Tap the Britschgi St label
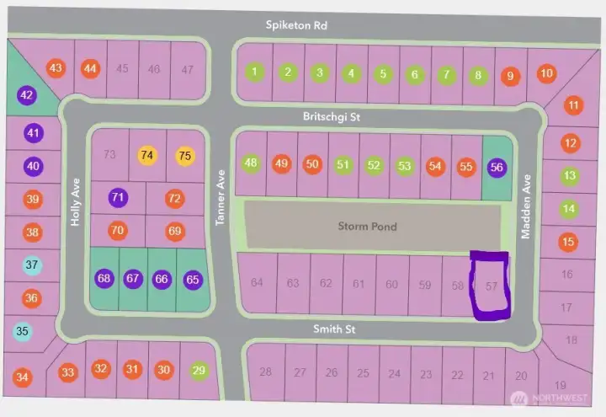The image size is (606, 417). coord(332,118)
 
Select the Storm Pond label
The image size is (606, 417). coord(367,226)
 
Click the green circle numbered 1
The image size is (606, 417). coord(254,72)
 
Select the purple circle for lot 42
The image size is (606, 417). coord(27,95)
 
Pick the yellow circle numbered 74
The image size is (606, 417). coord(147,155)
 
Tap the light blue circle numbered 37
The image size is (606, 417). coord(32,265)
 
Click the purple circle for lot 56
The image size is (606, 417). coord(497,167)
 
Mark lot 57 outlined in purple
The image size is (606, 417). coord(491,286)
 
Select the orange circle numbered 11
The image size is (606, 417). coord(573,106)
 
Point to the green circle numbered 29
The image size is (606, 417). coord(199,369)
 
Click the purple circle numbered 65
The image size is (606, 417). coord(193,279)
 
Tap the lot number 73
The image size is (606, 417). coord(109,154)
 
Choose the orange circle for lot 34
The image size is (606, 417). coord(23,377)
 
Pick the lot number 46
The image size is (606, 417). coord(154,69)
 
